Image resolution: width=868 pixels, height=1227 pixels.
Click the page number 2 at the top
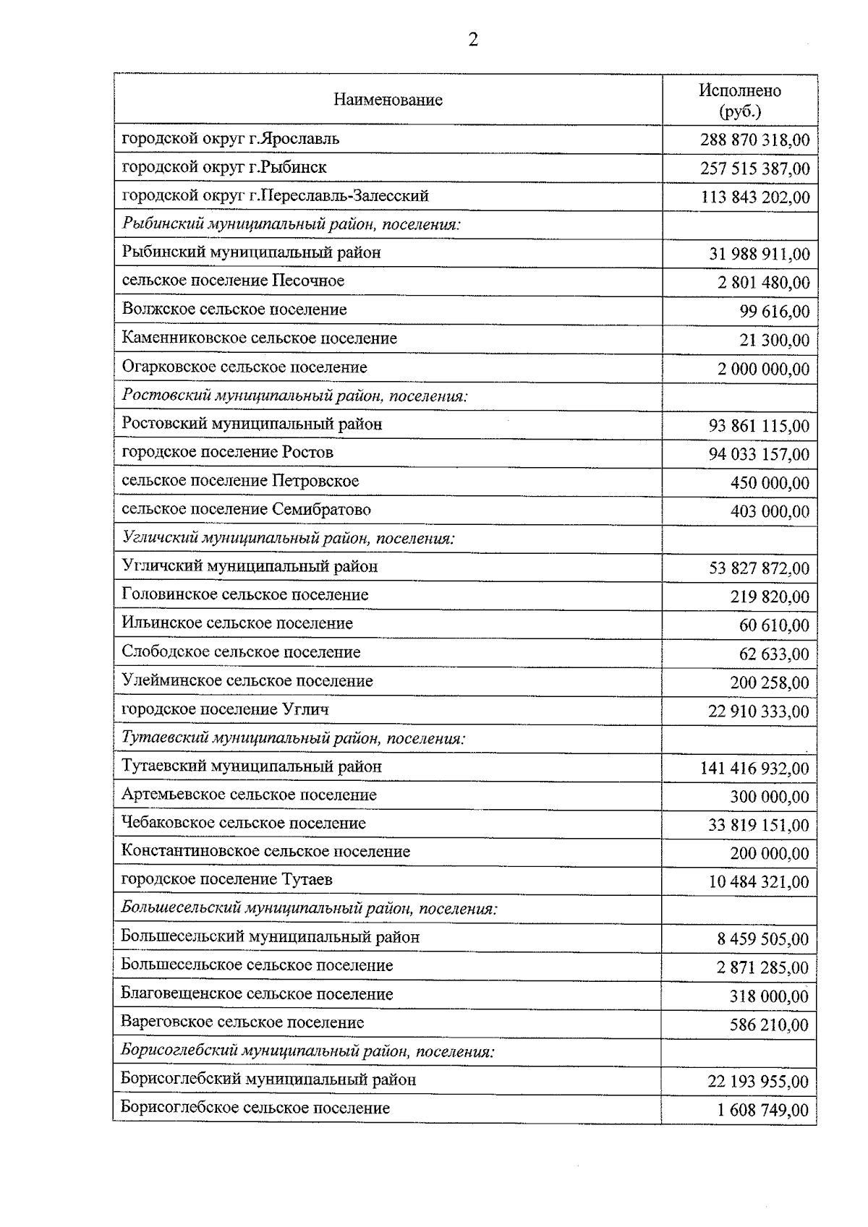(473, 40)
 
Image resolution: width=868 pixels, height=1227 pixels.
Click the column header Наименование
(388, 100)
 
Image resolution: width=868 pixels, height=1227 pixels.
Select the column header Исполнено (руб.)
(739, 101)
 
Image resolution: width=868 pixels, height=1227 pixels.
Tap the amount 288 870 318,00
(754, 140)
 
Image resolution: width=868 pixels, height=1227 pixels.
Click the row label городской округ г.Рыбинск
(224, 167)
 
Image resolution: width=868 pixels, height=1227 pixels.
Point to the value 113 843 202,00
(754, 197)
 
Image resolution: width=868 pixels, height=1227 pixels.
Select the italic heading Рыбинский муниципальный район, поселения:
(292, 224)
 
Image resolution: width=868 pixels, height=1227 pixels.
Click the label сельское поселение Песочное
(233, 281)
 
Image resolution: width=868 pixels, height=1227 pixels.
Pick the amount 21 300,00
(774, 341)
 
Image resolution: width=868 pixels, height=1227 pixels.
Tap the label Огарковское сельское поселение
(244, 367)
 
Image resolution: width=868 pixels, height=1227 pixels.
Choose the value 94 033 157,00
(759, 455)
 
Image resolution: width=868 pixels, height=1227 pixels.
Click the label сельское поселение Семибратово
(246, 510)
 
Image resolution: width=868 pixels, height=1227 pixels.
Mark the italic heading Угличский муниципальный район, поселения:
(288, 539)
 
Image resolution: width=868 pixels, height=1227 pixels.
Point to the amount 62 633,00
(774, 654)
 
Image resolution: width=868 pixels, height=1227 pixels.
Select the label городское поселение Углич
(225, 709)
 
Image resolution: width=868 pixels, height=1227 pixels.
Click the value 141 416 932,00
(754, 769)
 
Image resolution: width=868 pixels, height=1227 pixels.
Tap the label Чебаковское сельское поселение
(244, 824)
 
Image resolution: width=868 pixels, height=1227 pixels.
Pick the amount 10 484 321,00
(759, 882)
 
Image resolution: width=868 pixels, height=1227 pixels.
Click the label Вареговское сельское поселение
(242, 1023)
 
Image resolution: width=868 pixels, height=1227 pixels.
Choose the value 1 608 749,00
(763, 1111)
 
